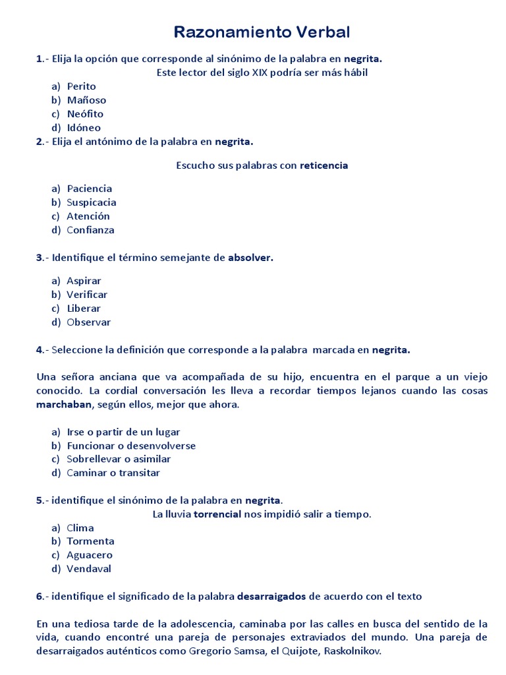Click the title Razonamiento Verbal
262,32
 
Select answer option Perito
81,86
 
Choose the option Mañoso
86,100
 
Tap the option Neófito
85,114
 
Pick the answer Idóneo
84,128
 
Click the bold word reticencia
323,165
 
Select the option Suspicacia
91,202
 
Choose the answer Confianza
90,230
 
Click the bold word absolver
250,258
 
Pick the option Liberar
84,308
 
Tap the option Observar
88,322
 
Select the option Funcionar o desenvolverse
131,446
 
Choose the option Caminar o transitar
113,473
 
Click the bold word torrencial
217,514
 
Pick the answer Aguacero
90,555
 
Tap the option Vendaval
89,569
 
